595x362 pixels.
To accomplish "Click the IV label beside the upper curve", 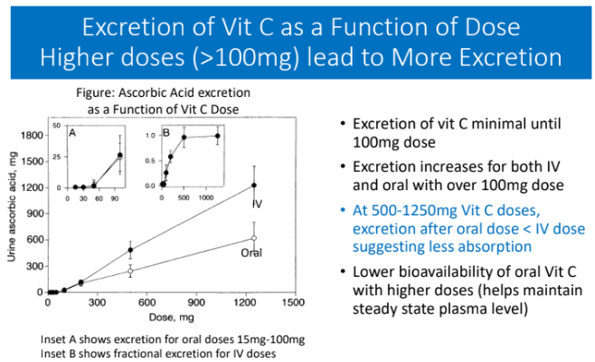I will pyautogui.click(x=257, y=205).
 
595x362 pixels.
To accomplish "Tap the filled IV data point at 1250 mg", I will pyautogui.click(x=254, y=186).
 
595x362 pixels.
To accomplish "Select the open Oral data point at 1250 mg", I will pyautogui.click(x=254, y=238).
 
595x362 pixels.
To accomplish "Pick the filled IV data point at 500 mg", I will pyautogui.click(x=131, y=250).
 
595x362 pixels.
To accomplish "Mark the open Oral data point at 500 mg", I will pyautogui.click(x=131, y=271).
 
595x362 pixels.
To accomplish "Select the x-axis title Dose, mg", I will pyautogui.click(x=156, y=318).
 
